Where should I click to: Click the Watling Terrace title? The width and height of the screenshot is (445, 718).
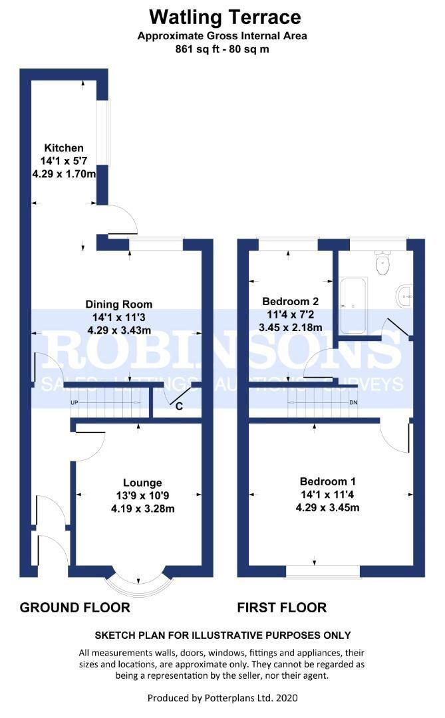coord(225,17)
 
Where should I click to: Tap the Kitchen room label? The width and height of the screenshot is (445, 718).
coord(64,148)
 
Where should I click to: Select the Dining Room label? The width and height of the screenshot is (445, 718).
coord(118,304)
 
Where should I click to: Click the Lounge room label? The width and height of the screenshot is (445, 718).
coord(142,483)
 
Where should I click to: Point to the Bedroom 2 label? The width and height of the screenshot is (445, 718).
coord(290,301)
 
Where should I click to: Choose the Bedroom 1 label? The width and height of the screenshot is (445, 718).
coord(328,481)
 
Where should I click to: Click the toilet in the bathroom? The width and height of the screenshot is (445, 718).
coord(382,263)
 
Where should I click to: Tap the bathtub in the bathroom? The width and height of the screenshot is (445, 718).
coord(353,305)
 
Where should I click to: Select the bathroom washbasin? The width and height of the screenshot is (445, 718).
coord(404,297)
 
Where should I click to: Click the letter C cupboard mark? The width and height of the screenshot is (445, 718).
coord(179,406)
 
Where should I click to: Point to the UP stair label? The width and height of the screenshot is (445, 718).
coord(74,402)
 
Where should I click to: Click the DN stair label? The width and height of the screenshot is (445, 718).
coord(353,402)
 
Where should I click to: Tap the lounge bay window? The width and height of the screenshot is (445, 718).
coord(138,582)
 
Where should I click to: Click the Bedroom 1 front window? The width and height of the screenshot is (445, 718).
coord(323,570)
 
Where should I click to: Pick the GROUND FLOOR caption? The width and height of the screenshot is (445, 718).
coord(75,608)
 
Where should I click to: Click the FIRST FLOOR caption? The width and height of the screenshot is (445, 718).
coord(282,608)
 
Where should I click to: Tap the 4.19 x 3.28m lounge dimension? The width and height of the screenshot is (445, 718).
coord(142,509)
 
